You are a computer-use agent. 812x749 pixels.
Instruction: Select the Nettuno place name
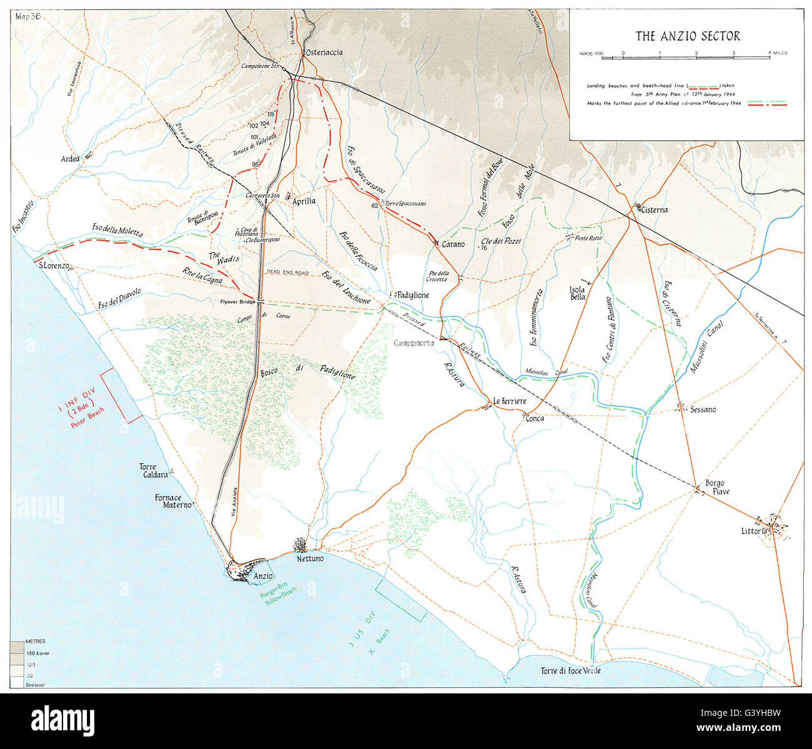(310, 558)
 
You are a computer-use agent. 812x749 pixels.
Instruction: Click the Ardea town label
(70, 159)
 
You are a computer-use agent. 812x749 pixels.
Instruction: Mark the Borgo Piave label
(717, 487)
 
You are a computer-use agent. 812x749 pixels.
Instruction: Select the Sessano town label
(703, 410)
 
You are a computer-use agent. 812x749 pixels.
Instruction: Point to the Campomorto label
(414, 343)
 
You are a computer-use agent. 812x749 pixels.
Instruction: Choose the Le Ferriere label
(510, 400)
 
